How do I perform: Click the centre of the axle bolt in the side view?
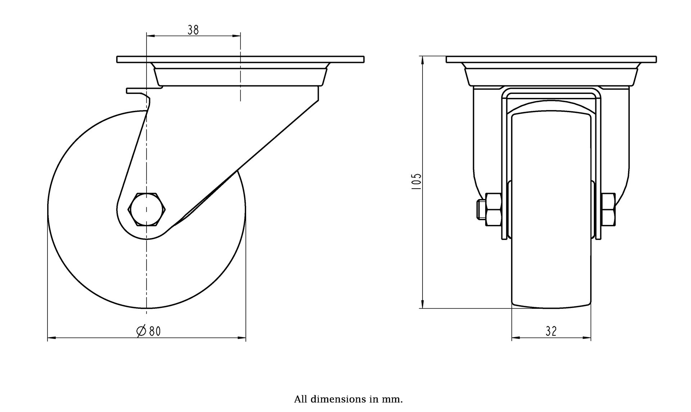point(146,209)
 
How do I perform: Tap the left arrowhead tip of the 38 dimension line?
point(147,36)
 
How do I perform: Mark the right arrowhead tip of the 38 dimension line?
point(240,36)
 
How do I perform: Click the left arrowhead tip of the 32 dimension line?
point(512,338)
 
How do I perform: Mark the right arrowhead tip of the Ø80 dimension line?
point(246,338)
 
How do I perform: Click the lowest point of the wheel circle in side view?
point(146,308)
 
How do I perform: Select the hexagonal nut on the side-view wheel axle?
point(146,209)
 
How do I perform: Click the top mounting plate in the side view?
point(240,59)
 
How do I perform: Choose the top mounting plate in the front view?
point(551,59)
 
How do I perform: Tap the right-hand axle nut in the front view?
point(608,209)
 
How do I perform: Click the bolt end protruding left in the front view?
point(481,209)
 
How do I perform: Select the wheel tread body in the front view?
point(551,210)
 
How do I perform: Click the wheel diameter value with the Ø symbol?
point(149,331)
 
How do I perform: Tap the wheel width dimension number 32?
point(551,331)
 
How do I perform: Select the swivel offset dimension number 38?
point(193,30)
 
